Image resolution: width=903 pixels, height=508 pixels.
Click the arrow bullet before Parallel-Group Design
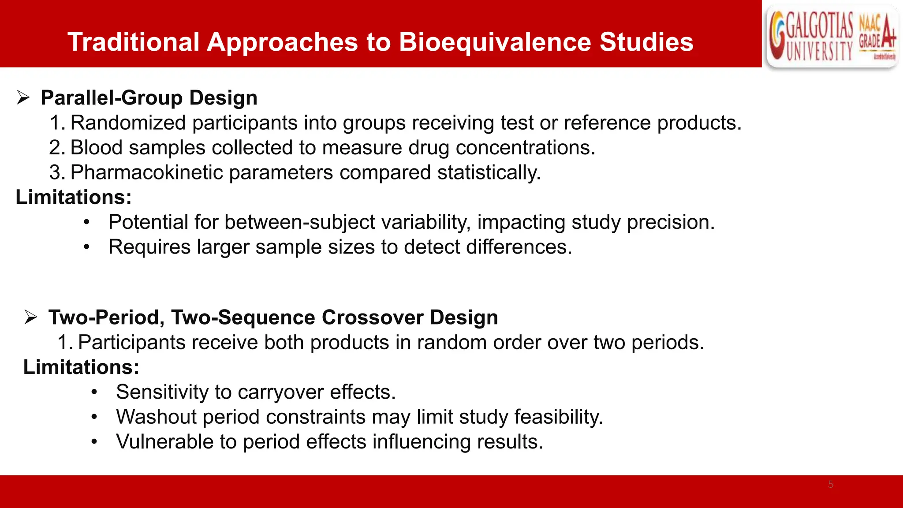23,97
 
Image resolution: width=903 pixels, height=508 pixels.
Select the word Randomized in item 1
128,123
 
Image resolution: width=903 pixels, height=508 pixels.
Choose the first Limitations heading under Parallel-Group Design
74,197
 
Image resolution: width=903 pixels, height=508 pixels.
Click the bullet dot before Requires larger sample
87,247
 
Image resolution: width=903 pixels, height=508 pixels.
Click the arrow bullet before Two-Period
31,317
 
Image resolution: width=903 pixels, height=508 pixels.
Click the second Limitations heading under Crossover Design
81,367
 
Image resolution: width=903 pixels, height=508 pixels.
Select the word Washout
156,417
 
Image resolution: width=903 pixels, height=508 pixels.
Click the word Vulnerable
164,442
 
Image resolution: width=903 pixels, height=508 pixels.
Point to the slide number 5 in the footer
831,484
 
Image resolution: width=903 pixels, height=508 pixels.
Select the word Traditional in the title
134,42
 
